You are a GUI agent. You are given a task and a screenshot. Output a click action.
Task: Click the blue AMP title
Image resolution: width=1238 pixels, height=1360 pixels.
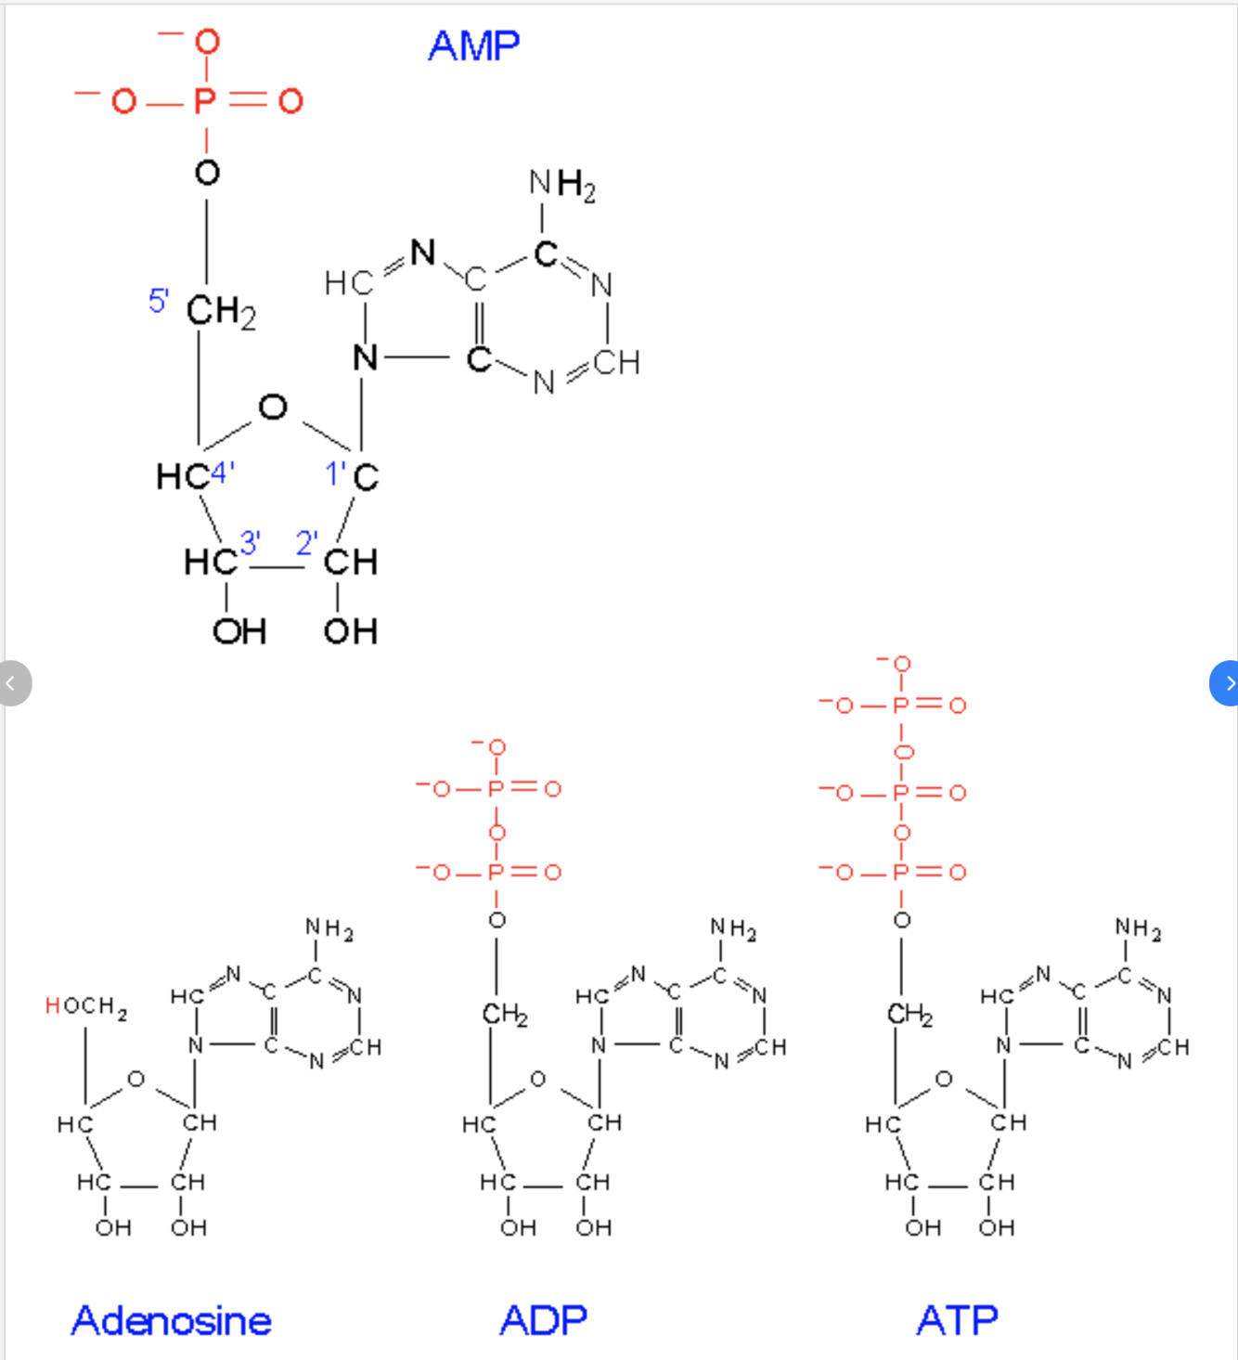pos(473,45)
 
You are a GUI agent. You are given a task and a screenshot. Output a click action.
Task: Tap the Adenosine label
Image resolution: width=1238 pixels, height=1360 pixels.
pos(172,1320)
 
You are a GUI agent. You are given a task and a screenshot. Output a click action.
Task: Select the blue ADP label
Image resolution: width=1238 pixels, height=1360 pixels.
pos(544,1320)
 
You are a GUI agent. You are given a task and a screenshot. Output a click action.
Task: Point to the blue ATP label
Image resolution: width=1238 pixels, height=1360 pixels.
pos(957,1320)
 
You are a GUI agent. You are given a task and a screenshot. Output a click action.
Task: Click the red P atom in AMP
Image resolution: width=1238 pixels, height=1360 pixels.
pos(205,100)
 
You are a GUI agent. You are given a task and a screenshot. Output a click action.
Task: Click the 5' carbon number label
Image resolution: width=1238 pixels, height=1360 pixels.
pos(158,301)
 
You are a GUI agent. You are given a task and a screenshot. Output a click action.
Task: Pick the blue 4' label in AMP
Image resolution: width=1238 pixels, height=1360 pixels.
pos(222,473)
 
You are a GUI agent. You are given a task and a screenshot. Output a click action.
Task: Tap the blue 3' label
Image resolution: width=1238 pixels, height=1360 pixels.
pos(250,542)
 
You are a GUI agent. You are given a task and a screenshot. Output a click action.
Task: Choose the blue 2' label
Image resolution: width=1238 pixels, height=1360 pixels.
pos(306,542)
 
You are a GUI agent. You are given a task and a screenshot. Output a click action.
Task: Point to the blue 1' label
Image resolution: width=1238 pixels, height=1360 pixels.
pos(336,474)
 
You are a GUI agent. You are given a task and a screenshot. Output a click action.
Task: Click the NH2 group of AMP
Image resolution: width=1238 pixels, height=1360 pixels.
pos(561,184)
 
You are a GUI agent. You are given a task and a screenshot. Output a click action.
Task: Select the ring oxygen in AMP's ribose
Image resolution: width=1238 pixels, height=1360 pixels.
pos(273,407)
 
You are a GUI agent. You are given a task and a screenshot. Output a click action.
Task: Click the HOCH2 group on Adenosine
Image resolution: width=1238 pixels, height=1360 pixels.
pos(86,1006)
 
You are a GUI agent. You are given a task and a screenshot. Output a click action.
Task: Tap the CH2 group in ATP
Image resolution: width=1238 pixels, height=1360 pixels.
pos(909,1014)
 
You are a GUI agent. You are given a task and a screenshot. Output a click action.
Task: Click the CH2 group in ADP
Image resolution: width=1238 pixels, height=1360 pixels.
pos(505,1014)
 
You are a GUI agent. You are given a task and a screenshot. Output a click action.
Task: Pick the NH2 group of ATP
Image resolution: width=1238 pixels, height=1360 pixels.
pos(1138,927)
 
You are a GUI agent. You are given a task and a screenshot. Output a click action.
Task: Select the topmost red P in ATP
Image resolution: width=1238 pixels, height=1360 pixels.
pos(900,706)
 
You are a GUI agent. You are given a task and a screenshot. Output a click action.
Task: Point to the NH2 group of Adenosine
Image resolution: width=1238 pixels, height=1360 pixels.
pos(329,927)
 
